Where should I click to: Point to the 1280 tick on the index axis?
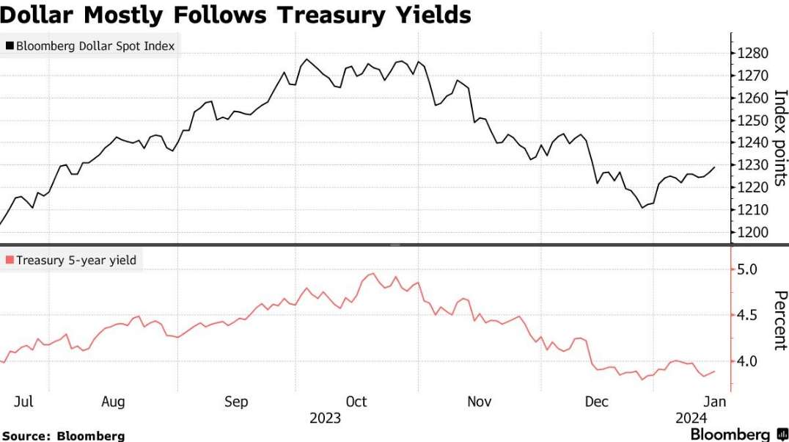pos(753,54)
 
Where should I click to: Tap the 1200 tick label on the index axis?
pos(753,233)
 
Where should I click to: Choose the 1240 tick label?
pos(753,143)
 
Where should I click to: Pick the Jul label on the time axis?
pos(23,402)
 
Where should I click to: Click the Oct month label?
pos(356,402)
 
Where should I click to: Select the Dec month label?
pos(597,402)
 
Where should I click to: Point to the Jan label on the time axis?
pos(715,402)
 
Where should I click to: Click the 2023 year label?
pos(325,419)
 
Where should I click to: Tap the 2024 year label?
pos(691,419)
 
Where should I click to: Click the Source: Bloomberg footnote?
pos(63,435)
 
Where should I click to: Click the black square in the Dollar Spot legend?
pos(10,46)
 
